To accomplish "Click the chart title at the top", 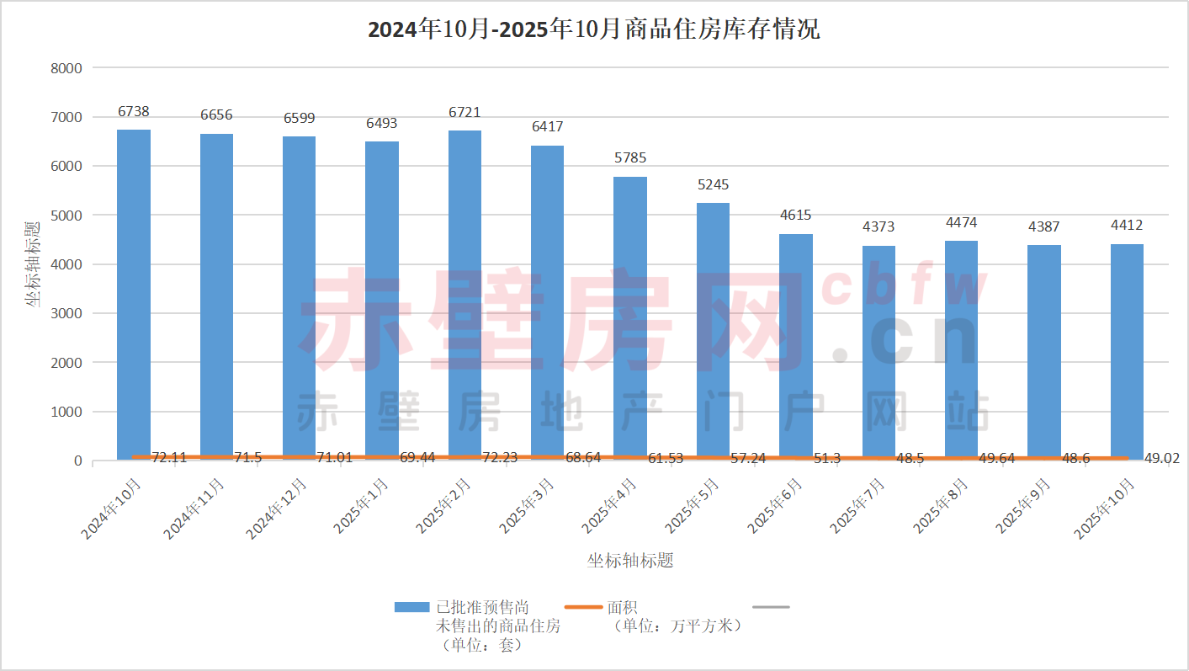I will click(x=593, y=30).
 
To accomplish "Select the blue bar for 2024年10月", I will click(x=134, y=295).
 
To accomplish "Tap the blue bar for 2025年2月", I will click(x=464, y=295).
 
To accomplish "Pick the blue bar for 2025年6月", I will click(x=796, y=345).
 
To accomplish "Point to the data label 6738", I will click(x=134, y=111).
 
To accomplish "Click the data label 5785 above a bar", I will click(x=630, y=158).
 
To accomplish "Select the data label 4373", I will click(x=878, y=226).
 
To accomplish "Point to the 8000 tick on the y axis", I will click(x=66, y=68).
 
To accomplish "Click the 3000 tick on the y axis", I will click(x=66, y=313).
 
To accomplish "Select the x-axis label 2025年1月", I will click(x=362, y=505).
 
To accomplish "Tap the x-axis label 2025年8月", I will click(x=942, y=505).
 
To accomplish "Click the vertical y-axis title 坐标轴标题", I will click(x=32, y=264).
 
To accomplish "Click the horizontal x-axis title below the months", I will click(x=630, y=561).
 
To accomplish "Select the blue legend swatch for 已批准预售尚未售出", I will click(x=412, y=607).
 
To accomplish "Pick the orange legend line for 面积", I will click(x=584, y=607).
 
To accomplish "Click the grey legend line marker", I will click(x=770, y=607).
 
